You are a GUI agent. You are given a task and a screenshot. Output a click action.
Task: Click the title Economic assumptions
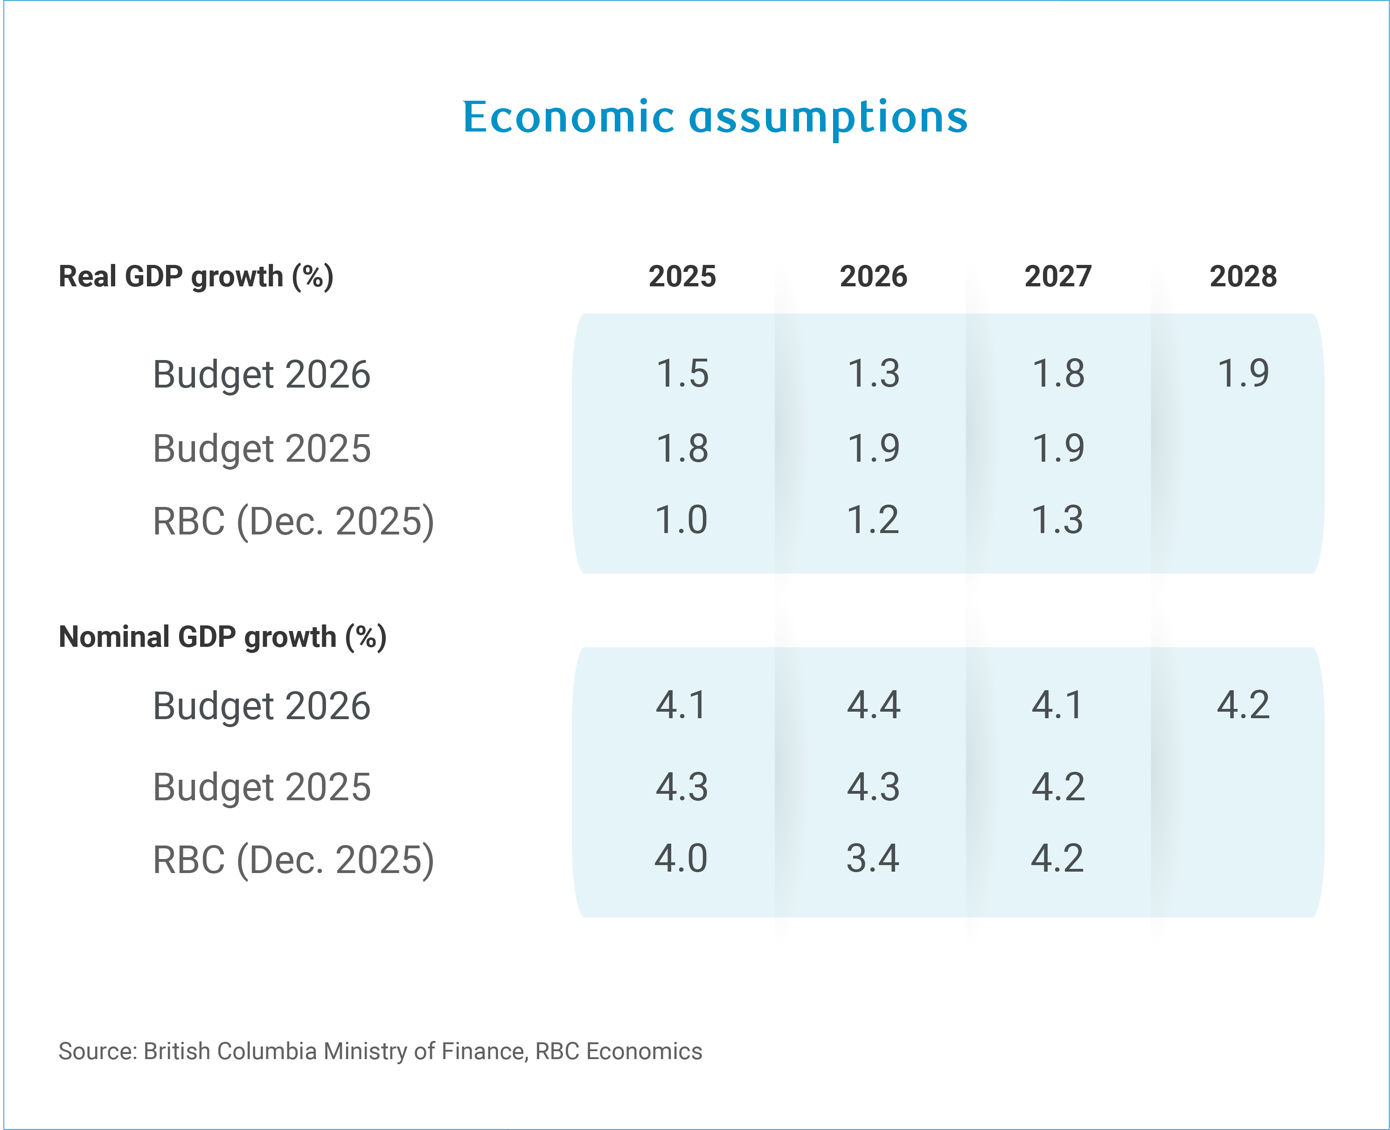(x=715, y=118)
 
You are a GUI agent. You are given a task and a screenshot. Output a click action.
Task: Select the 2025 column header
(x=681, y=277)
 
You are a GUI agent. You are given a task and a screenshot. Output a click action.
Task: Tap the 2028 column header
(x=1243, y=277)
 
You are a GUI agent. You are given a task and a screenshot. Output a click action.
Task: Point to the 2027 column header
(x=1057, y=277)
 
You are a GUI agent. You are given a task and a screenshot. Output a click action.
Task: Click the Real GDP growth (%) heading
(x=196, y=277)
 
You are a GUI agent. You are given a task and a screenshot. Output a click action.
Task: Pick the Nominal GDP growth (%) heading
(x=222, y=637)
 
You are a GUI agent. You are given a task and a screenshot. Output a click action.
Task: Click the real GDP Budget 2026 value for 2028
(x=1243, y=374)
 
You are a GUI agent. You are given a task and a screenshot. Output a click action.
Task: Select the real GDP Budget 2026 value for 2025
(x=681, y=374)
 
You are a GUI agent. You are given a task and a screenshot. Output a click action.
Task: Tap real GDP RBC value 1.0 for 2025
(x=681, y=520)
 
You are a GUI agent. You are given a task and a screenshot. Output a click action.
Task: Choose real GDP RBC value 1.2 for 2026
(x=872, y=520)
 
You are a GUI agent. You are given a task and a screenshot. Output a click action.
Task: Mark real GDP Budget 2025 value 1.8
(x=681, y=449)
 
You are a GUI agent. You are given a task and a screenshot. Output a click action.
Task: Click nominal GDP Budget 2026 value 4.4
(x=873, y=705)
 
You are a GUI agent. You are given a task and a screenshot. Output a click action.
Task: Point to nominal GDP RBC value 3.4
(x=872, y=859)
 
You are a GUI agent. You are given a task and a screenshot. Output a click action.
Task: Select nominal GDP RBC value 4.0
(x=681, y=859)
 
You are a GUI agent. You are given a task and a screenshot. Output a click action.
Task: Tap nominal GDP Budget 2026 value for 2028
(x=1243, y=705)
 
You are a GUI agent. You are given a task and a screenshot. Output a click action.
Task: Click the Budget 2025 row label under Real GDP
(x=262, y=449)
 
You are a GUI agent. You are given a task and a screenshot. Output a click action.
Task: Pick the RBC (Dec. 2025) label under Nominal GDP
(x=293, y=860)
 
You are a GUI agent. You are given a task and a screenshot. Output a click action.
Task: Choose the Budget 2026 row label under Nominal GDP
(x=262, y=706)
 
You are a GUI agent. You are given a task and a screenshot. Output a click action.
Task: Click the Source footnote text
(x=380, y=1051)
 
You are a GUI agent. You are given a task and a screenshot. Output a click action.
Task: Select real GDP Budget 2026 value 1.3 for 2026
(x=873, y=374)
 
